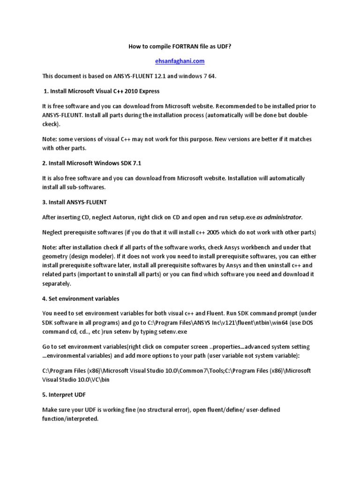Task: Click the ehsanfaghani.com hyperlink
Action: [x=180, y=61]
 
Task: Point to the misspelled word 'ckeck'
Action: [x=50, y=125]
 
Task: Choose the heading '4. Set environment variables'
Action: [x=81, y=299]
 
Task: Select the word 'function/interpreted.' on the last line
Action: [x=70, y=419]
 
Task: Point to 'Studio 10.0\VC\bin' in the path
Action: [x=70, y=380]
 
